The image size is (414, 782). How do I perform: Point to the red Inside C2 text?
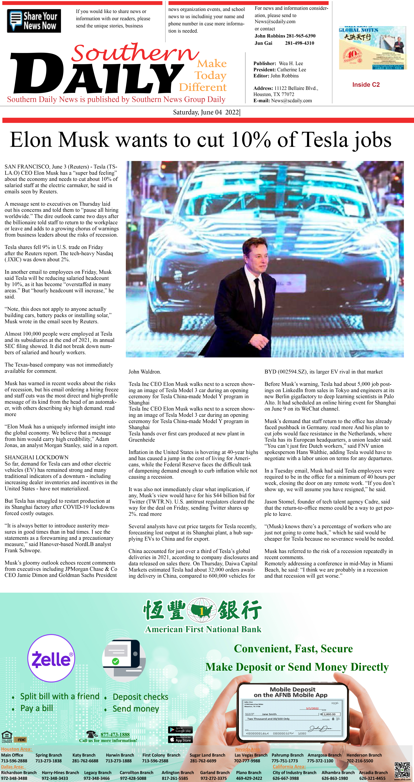(366, 85)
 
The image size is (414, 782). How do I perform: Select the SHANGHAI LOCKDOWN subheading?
(36, 457)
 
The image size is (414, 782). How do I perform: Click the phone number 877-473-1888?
(115, 734)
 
